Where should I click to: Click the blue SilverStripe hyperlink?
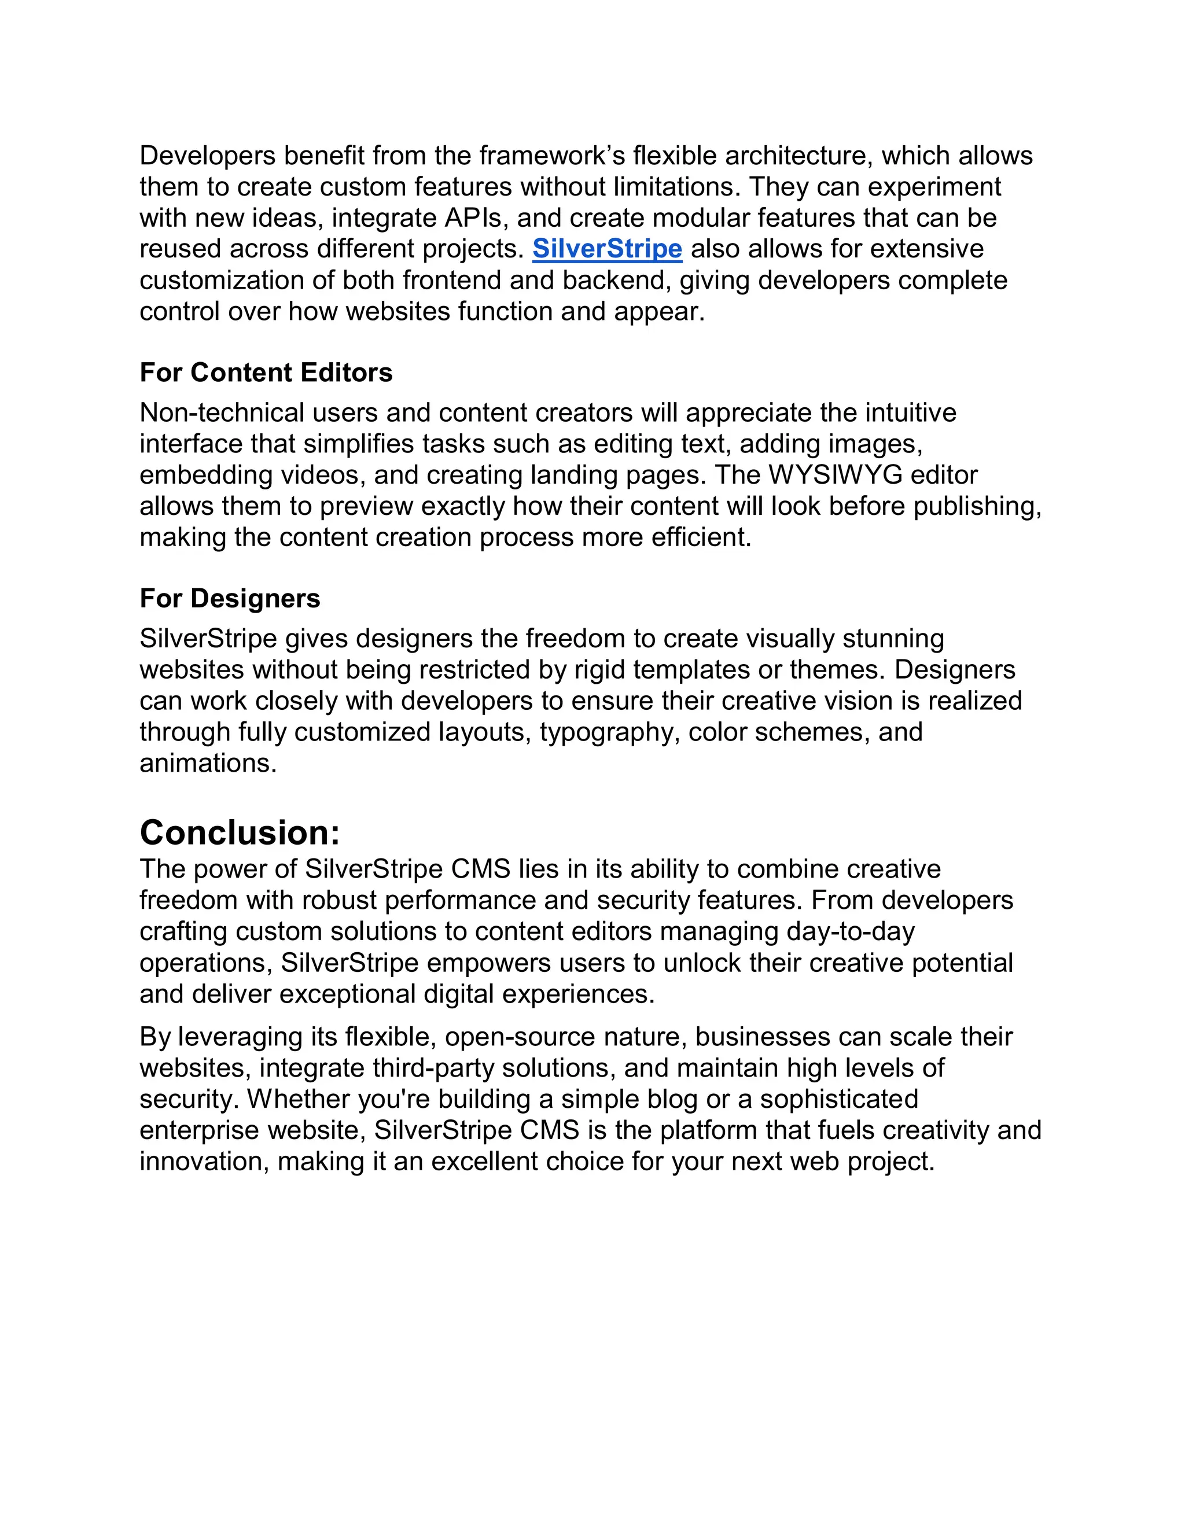[x=606, y=249]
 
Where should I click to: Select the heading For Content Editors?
[x=266, y=373]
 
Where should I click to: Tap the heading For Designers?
[x=230, y=599]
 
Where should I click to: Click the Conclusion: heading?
[x=240, y=833]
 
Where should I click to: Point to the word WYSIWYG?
[x=835, y=475]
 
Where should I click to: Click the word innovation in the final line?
[x=204, y=1162]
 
